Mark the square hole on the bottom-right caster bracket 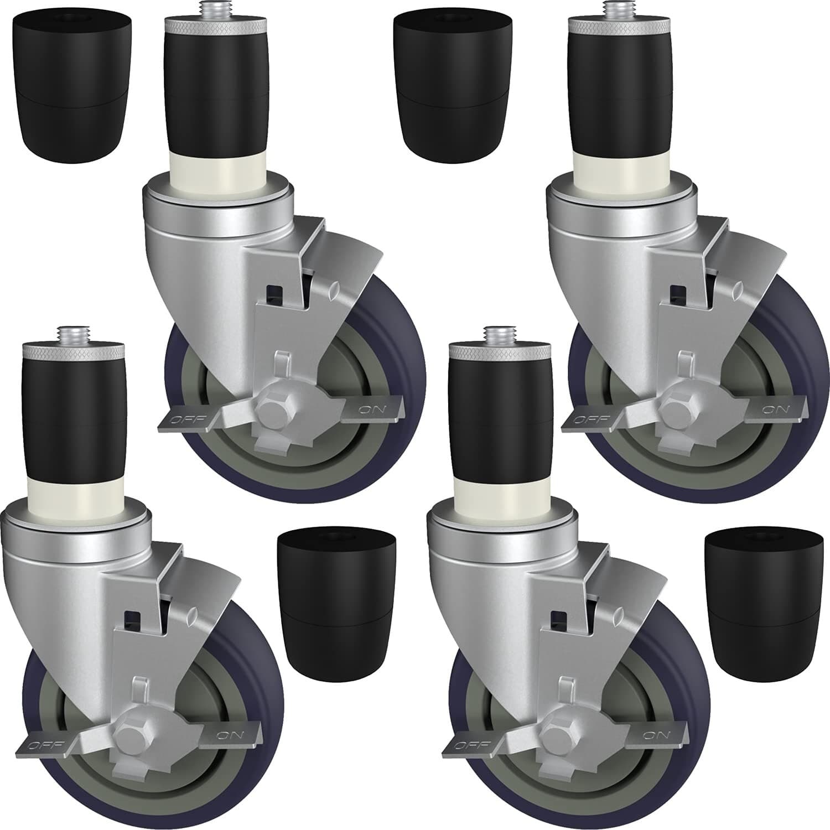pyautogui.click(x=559, y=616)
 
